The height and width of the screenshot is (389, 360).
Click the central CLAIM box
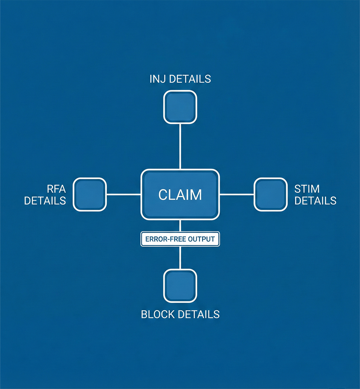click(180, 194)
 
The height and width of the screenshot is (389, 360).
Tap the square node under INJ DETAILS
click(180, 107)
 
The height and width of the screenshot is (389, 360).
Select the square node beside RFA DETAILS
click(90, 194)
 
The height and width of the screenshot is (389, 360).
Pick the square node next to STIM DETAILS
click(271, 194)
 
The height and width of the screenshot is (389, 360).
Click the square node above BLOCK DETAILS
click(180, 286)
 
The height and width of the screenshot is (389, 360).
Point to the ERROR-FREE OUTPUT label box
click(180, 239)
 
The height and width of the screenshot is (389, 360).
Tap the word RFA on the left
click(56, 189)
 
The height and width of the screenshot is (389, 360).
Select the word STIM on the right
click(307, 189)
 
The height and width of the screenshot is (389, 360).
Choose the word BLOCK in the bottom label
click(158, 314)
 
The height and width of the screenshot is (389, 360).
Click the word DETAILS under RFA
click(45, 201)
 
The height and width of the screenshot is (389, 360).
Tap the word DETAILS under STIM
click(315, 201)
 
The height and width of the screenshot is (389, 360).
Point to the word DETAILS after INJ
click(190, 79)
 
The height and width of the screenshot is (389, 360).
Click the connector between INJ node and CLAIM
click(180, 146)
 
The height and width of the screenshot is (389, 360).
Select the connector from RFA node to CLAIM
click(124, 194)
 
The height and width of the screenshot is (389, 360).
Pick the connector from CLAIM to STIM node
click(237, 194)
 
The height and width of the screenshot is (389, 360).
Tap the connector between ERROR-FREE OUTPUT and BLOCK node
click(180, 258)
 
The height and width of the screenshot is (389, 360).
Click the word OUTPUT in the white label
click(201, 239)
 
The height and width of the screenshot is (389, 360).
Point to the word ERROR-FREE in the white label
click(166, 239)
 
